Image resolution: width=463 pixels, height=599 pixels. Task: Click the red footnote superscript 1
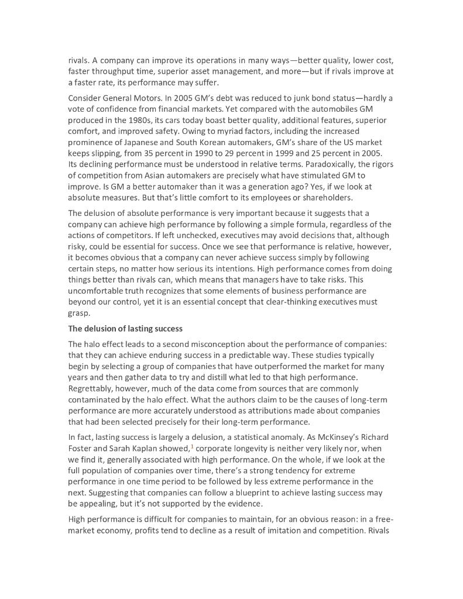191,447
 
